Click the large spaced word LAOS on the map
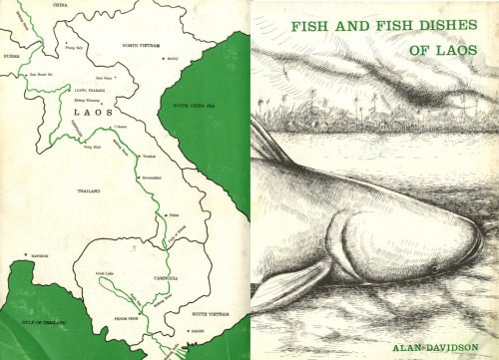(x=96, y=114)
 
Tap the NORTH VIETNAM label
(x=145, y=46)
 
